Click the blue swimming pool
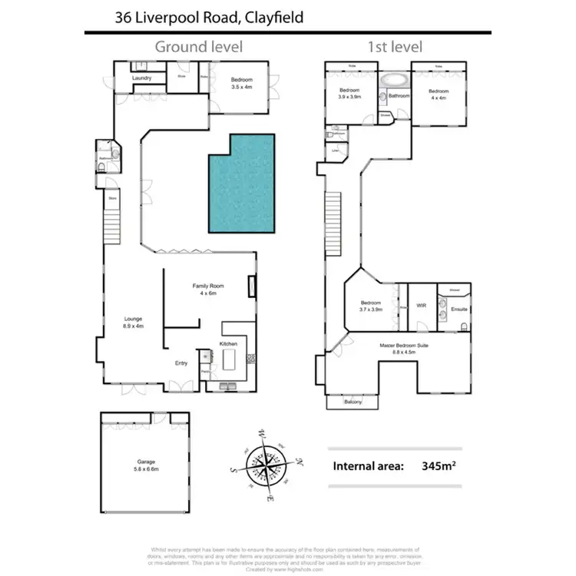point(239,183)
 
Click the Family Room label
point(205,286)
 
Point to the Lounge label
point(134,318)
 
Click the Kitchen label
point(229,343)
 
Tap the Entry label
point(181,363)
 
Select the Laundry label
point(141,78)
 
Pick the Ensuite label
point(459,310)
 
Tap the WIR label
point(421,305)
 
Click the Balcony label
point(353,402)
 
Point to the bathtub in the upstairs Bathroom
point(394,80)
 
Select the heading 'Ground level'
point(199,47)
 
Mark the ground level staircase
point(112,222)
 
